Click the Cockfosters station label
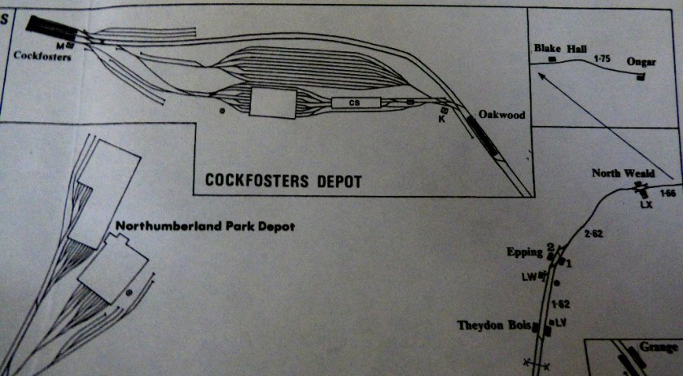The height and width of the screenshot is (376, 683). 37,55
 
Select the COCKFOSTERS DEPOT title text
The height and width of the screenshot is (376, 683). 284,181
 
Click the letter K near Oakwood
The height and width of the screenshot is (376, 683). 441,119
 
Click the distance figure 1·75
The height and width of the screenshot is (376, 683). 602,59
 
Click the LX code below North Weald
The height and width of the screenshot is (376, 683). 647,203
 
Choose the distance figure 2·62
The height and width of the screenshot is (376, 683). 596,234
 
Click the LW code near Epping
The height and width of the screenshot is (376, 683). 532,277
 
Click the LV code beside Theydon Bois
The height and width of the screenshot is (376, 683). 559,323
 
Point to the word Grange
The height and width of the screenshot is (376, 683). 659,348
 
